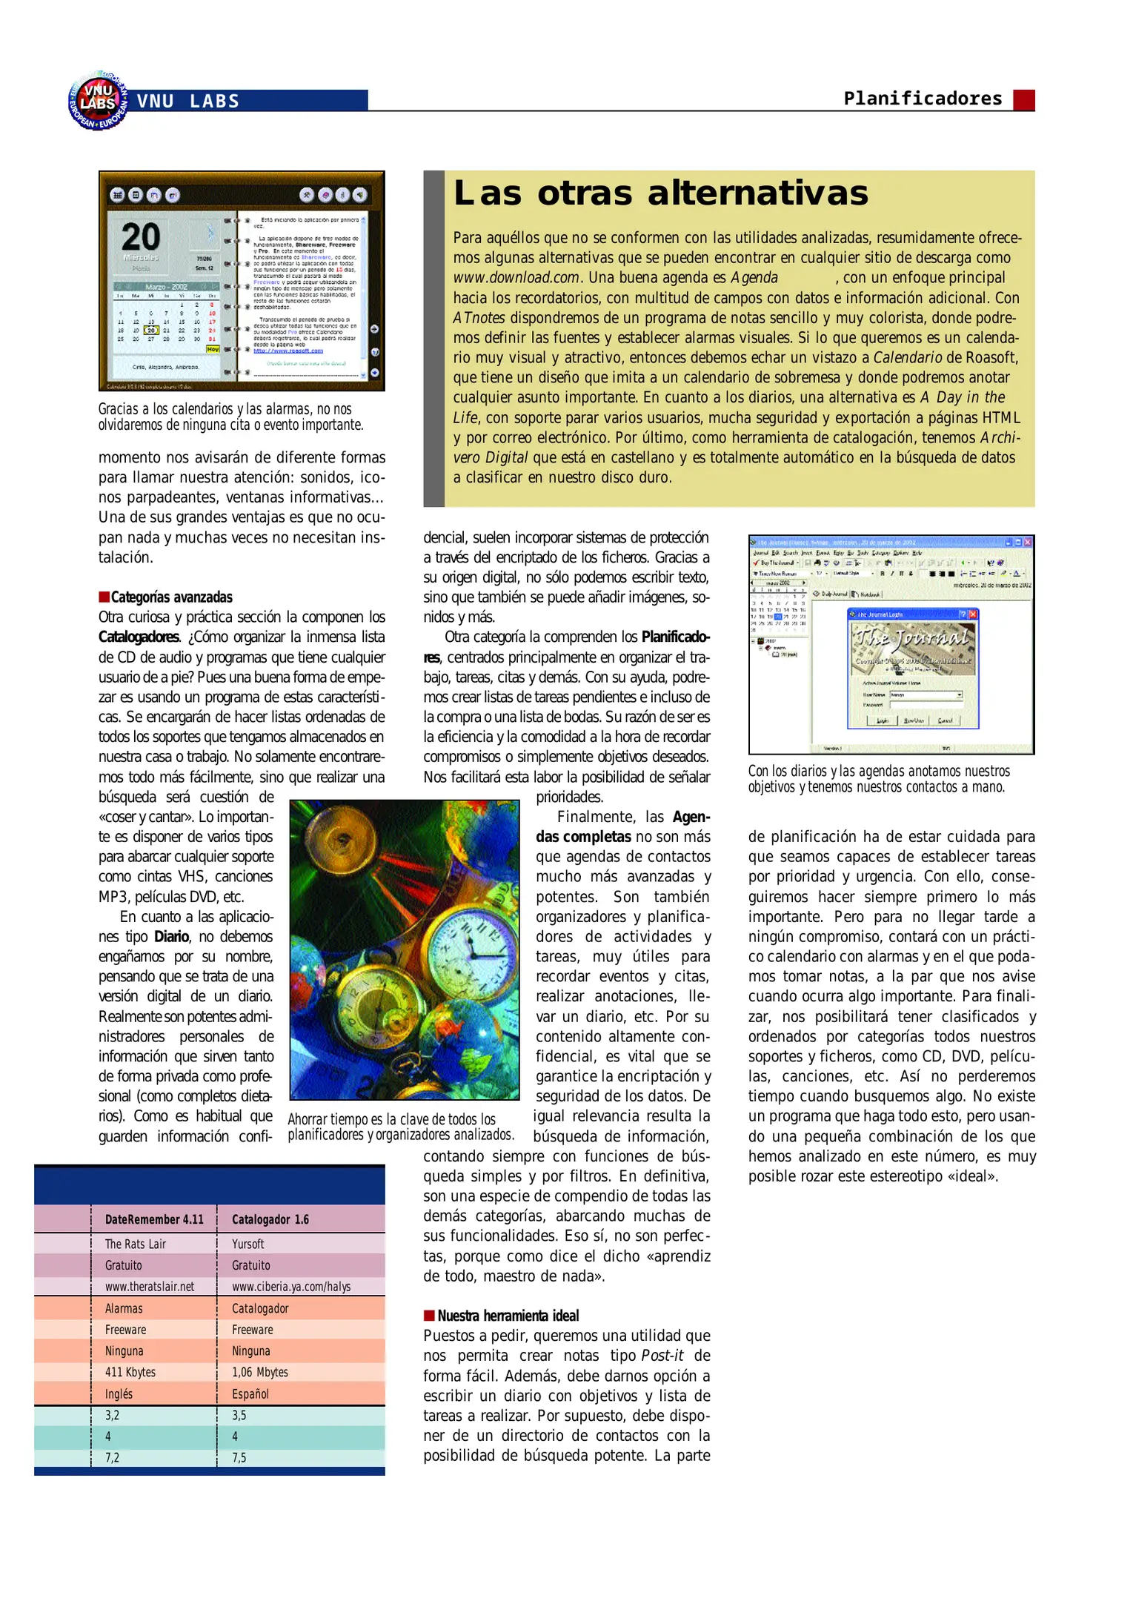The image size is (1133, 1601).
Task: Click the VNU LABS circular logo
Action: pos(98,102)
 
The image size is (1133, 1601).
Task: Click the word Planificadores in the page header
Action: pos(923,99)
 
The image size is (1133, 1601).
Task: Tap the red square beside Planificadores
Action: pos(1023,100)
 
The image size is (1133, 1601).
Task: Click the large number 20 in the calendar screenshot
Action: pos(140,237)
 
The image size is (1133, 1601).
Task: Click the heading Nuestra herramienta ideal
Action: pos(508,1316)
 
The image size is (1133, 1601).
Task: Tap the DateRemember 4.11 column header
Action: pos(154,1219)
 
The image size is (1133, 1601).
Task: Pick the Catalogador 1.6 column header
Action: pos(270,1219)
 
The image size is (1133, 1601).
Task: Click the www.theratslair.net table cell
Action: pos(149,1287)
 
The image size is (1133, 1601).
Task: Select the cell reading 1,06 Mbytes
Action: pos(259,1372)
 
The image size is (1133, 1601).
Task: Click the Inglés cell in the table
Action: pos(119,1393)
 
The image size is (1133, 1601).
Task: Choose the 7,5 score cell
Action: pos(239,1457)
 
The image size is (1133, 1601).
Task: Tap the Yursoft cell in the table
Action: pos(247,1244)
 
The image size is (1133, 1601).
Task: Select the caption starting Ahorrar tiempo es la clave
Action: pos(400,1127)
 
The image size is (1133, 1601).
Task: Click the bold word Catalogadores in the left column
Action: pos(139,637)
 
